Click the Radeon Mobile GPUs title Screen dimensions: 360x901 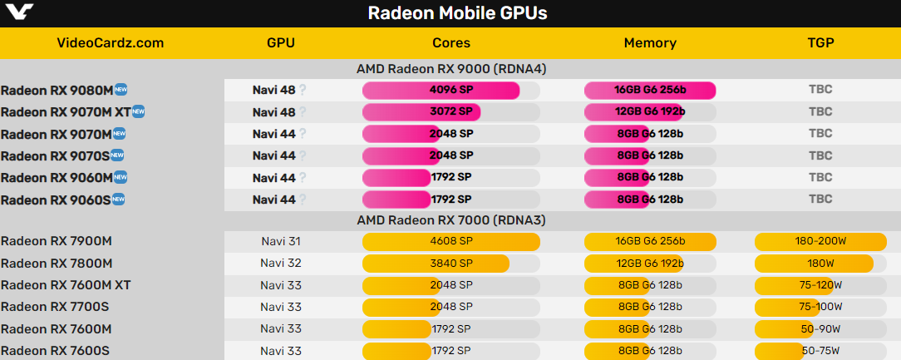pyautogui.click(x=457, y=14)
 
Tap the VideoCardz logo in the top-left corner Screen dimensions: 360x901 pyautogui.click(x=17, y=12)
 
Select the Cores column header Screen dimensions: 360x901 pyautogui.click(x=451, y=43)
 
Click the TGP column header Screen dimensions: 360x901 pyautogui.click(x=820, y=43)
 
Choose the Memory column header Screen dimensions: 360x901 pyautogui.click(x=650, y=43)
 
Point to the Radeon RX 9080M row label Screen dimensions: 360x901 pyautogui.click(x=56, y=90)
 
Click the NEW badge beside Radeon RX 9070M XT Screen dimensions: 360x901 pyautogui.click(x=139, y=111)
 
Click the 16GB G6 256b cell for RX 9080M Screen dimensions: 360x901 pyautogui.click(x=650, y=90)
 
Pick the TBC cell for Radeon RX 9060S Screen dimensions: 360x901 pyautogui.click(x=820, y=200)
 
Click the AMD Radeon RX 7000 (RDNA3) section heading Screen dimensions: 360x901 pyautogui.click(x=450, y=220)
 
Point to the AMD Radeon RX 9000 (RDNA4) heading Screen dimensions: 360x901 pyautogui.click(x=450, y=69)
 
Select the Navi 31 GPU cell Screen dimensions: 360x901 pyautogui.click(x=280, y=242)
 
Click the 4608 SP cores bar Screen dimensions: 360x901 pyautogui.click(x=450, y=242)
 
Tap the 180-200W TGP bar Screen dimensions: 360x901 pyautogui.click(x=820, y=242)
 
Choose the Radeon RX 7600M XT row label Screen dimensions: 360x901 pyautogui.click(x=66, y=285)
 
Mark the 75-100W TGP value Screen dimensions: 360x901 pyautogui.click(x=820, y=307)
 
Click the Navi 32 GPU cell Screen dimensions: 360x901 pyautogui.click(x=280, y=264)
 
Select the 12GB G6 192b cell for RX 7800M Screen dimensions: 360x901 pyautogui.click(x=650, y=264)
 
